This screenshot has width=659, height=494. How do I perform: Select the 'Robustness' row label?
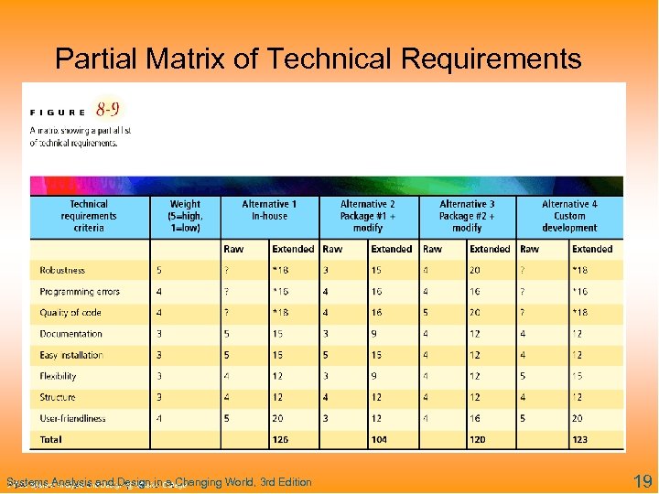coord(62,270)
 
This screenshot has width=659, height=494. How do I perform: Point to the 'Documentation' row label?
coord(71,334)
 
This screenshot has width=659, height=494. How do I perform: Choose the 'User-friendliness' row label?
coord(72,418)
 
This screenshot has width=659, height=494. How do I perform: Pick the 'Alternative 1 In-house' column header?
coord(269,209)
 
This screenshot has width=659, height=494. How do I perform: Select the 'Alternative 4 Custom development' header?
coord(569,216)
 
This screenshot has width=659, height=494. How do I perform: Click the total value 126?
coord(281,440)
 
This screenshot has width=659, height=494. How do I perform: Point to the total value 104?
coord(379,440)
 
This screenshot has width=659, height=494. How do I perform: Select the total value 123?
coord(580,440)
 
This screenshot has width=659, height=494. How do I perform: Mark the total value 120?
coord(478,440)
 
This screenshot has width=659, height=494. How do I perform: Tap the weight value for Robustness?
coord(159,270)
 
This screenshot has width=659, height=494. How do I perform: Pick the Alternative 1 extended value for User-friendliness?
coord(278,418)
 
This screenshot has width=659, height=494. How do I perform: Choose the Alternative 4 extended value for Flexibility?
coord(577,376)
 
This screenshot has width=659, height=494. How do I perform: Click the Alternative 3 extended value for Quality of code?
coord(476,312)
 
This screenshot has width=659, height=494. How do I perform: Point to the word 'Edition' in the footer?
coord(290,482)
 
